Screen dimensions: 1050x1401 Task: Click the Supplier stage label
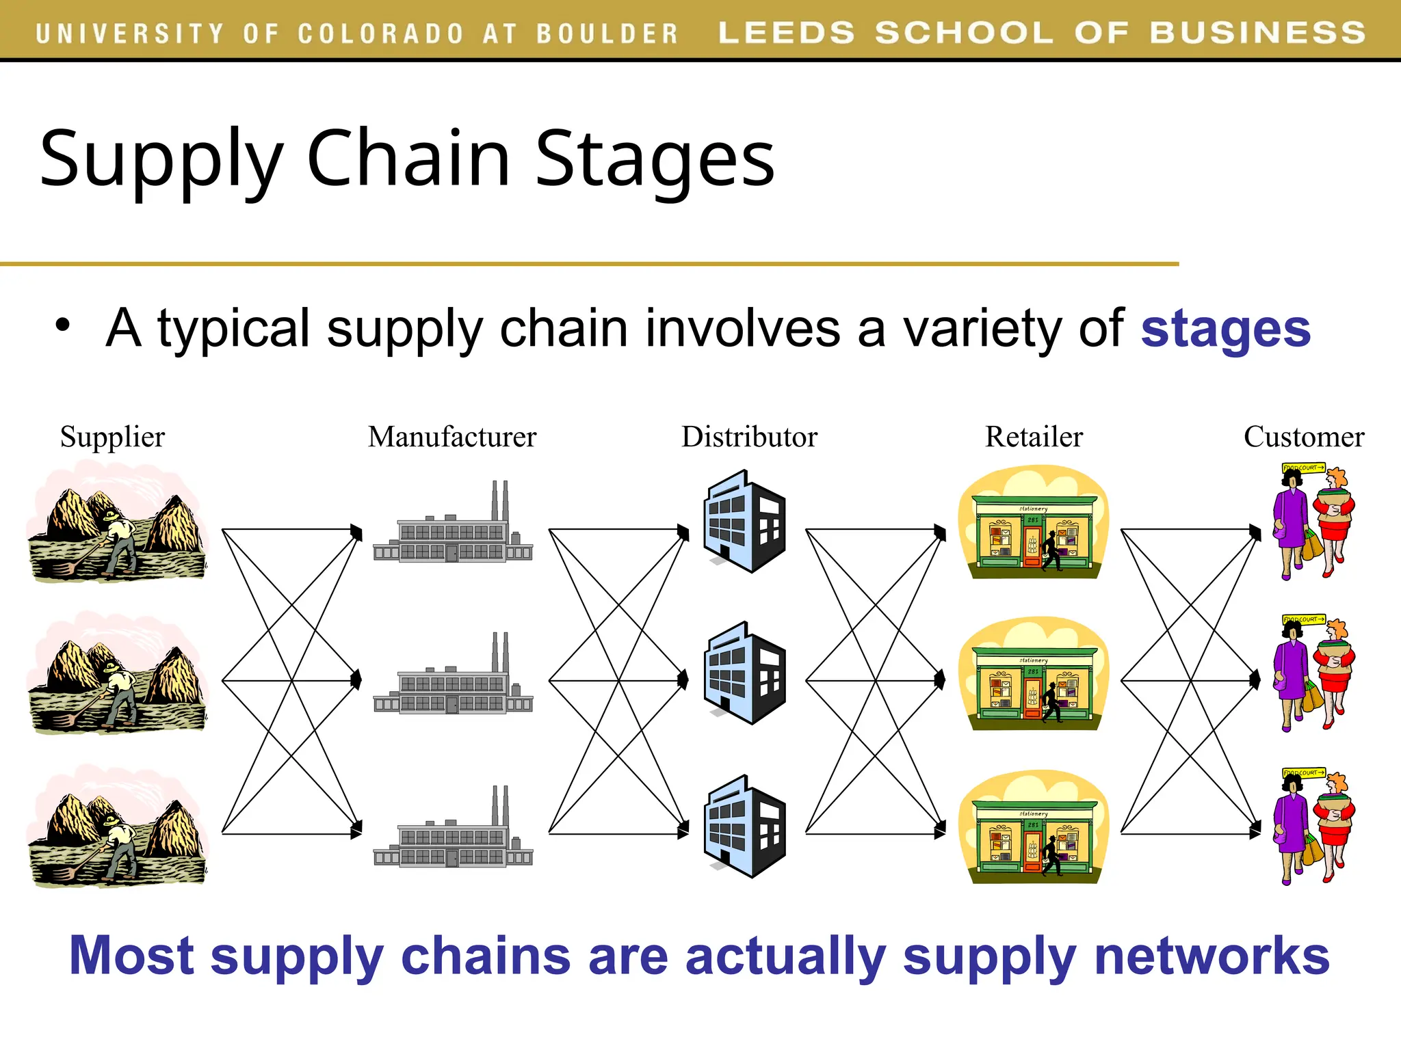tap(112, 437)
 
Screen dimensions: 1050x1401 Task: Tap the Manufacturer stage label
tap(452, 437)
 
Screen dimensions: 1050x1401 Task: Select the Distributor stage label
tap(749, 437)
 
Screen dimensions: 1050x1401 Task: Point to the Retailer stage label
tap(1034, 437)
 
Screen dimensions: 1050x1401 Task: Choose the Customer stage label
tap(1304, 437)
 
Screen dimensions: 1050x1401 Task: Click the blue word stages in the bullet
tap(1225, 329)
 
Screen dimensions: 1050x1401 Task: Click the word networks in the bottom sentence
tap(1212, 956)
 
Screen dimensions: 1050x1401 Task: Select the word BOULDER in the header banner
tap(607, 33)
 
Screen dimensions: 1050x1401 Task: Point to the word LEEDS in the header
tap(786, 32)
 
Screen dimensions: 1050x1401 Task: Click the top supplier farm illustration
tap(116, 523)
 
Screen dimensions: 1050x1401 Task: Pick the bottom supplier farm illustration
tap(116, 827)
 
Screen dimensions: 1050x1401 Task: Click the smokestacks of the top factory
tap(500, 500)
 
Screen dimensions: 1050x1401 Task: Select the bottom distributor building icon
tap(745, 827)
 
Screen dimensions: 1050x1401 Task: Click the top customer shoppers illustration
tap(1312, 523)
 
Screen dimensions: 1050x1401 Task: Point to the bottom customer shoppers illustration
tap(1312, 827)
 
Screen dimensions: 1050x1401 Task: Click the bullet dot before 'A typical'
tap(63, 325)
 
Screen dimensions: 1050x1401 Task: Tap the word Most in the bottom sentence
tap(131, 956)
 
